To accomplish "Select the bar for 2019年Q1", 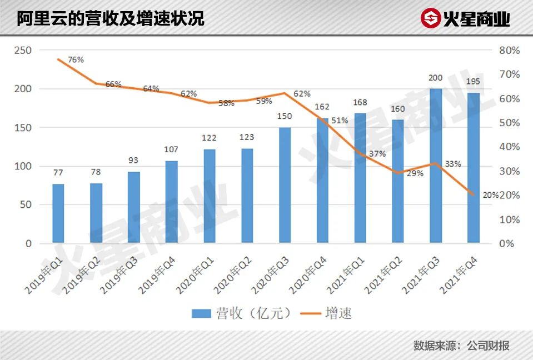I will [x=58, y=213].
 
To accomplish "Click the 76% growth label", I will [x=76, y=59].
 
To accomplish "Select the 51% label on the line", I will [x=340, y=120].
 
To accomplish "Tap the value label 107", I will [x=171, y=149].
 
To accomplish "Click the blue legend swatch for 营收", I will [x=201, y=313].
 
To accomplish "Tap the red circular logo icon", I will [x=430, y=18].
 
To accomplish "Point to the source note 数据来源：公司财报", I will [x=461, y=346].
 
